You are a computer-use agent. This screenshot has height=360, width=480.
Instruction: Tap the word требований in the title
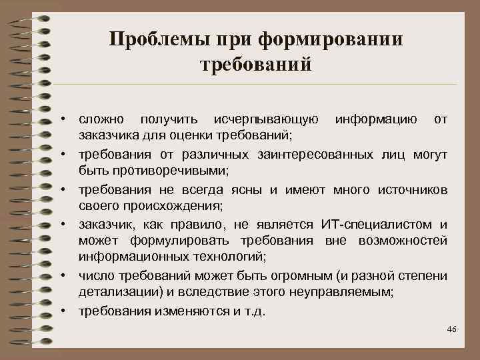(256, 65)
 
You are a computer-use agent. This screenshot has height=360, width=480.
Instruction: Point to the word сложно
(101, 120)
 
